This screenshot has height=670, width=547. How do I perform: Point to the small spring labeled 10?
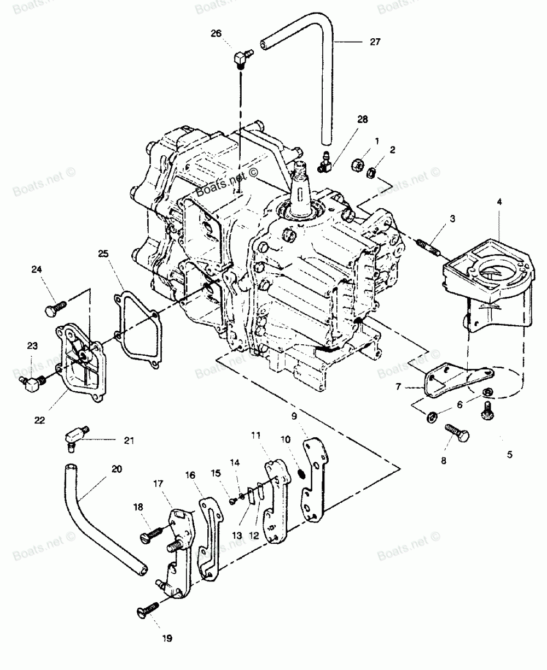pyautogui.click(x=300, y=470)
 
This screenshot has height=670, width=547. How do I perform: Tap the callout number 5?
pyautogui.click(x=509, y=454)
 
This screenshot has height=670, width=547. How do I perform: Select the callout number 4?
pyautogui.click(x=499, y=201)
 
